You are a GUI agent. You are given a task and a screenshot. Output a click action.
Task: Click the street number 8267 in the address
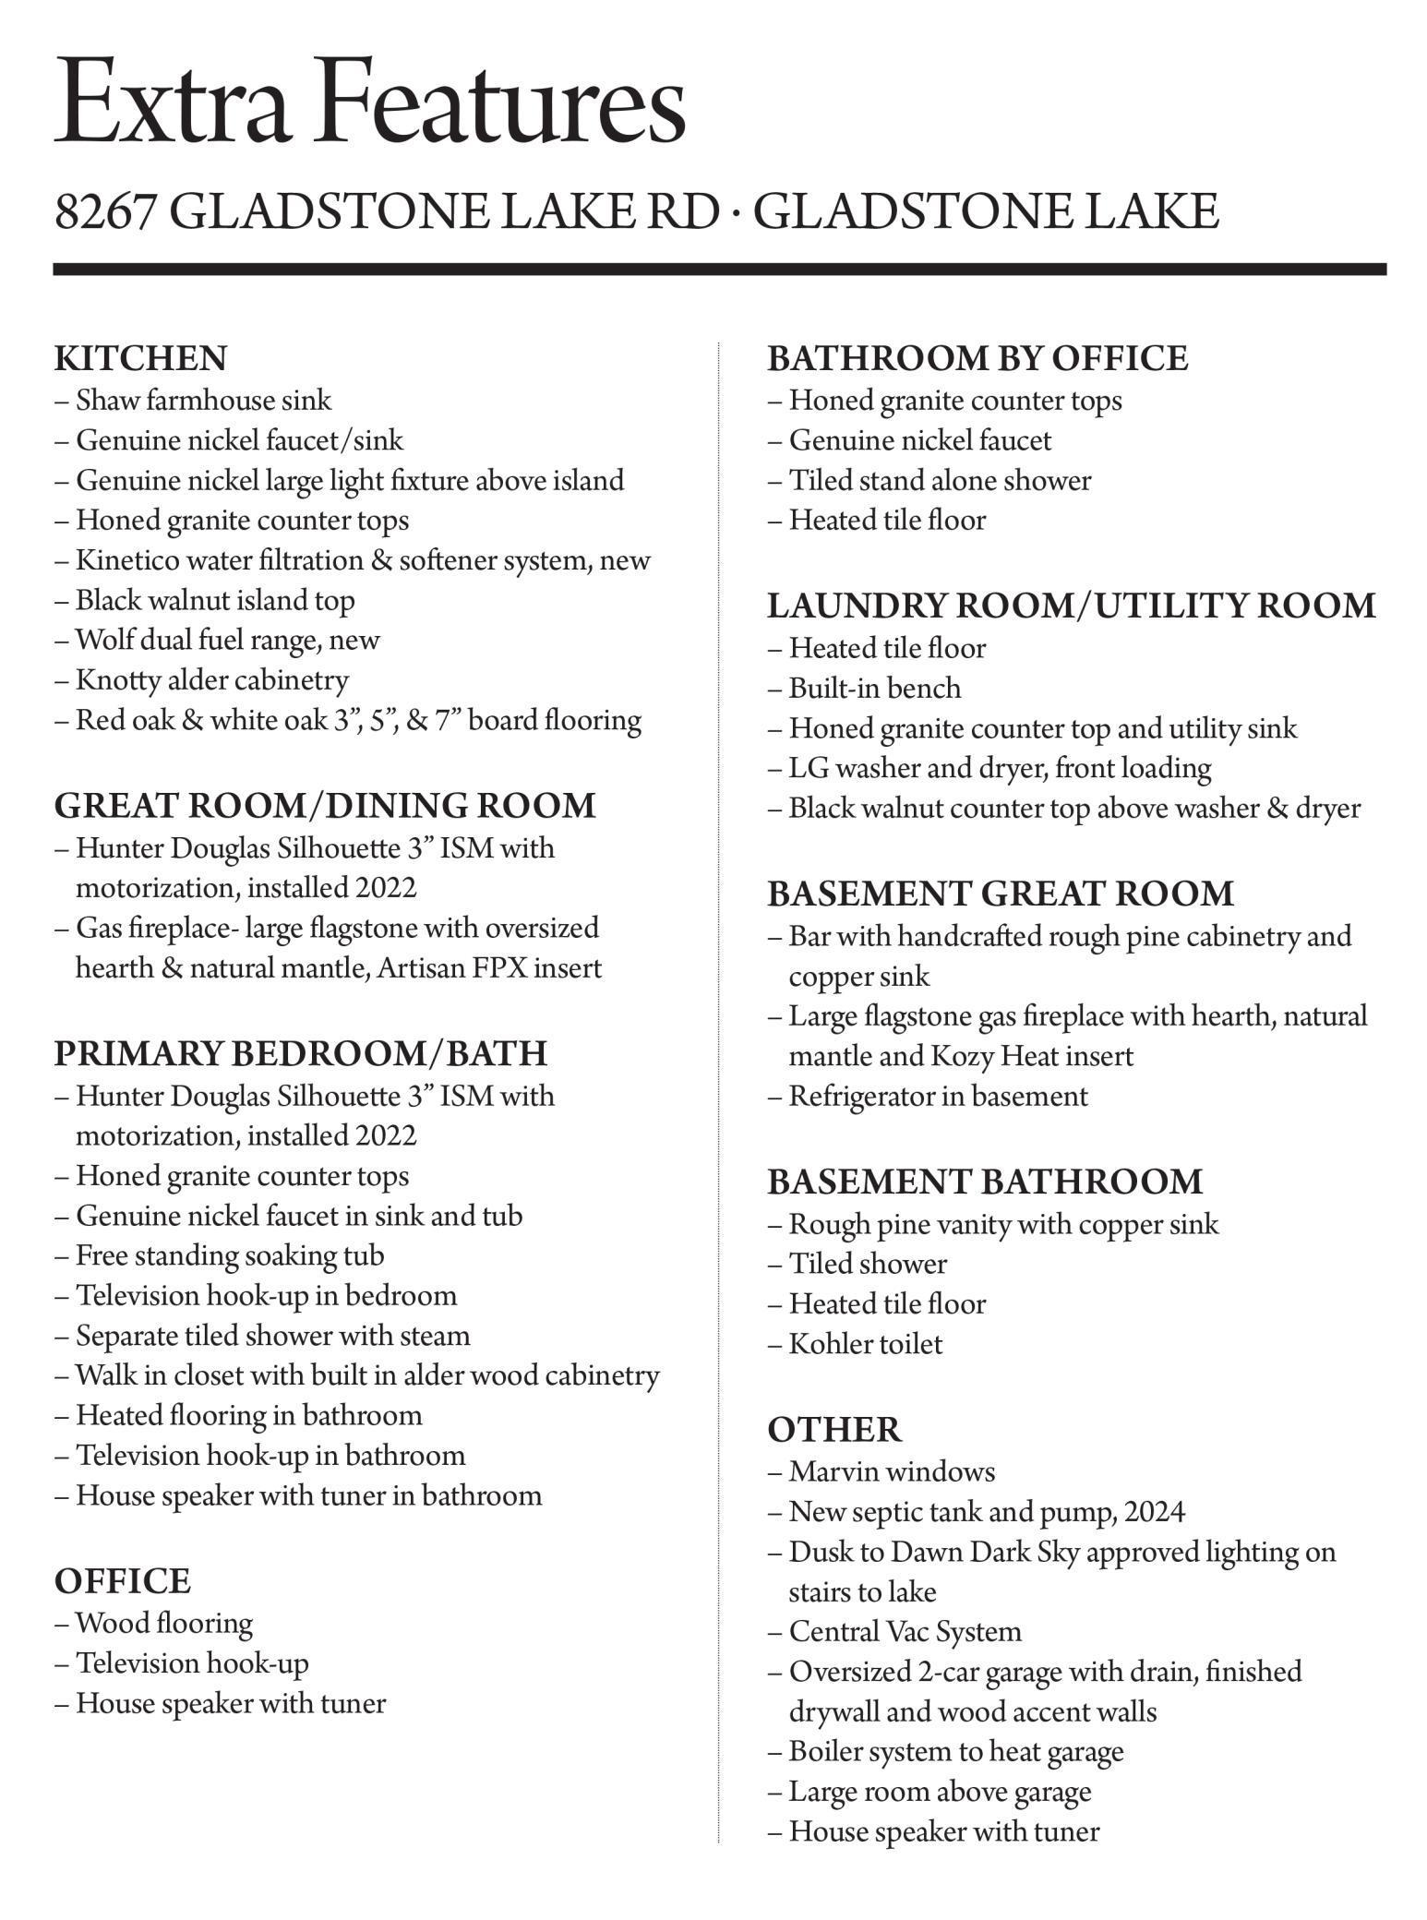(x=103, y=211)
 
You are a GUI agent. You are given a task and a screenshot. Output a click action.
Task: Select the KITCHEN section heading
(x=140, y=358)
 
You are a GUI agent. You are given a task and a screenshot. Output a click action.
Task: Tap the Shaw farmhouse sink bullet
(x=203, y=401)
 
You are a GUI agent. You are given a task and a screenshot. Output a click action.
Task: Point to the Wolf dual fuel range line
(x=227, y=640)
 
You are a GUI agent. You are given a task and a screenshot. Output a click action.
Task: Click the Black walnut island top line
(x=215, y=600)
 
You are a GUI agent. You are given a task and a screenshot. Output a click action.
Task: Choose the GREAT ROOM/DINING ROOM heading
(x=325, y=805)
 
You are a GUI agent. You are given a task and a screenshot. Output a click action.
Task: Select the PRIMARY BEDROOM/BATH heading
(x=301, y=1053)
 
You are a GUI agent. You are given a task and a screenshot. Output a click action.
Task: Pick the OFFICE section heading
(x=122, y=1580)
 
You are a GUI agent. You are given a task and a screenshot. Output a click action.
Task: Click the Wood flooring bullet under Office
(x=164, y=1623)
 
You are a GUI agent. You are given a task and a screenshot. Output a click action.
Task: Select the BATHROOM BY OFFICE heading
(x=977, y=358)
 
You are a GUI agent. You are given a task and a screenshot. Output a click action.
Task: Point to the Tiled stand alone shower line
(x=940, y=480)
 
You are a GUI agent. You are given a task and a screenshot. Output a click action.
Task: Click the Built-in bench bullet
(x=874, y=689)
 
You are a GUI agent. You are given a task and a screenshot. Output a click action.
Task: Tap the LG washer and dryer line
(x=1000, y=768)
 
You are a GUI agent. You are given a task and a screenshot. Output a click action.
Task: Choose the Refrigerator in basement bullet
(x=938, y=1096)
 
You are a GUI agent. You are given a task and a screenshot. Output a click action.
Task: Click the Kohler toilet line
(x=866, y=1344)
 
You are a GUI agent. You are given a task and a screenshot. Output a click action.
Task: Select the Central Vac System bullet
(x=905, y=1632)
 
